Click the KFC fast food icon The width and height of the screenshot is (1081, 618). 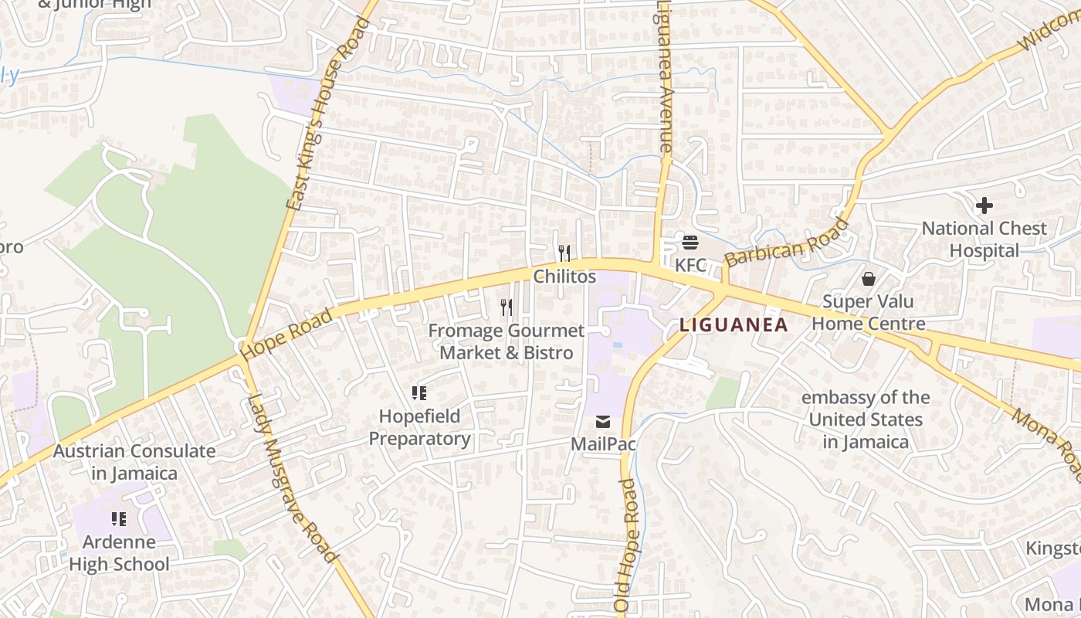tap(690, 243)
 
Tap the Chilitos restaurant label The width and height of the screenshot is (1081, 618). tap(564, 276)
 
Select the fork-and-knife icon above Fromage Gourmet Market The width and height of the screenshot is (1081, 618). tap(507, 307)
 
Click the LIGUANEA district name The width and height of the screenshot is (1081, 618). tap(734, 325)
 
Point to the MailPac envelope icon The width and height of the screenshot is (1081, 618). tap(602, 422)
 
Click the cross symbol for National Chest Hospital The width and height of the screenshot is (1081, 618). tap(984, 205)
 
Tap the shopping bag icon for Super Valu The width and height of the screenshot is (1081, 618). tap(869, 278)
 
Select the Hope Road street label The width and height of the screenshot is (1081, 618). tap(286, 334)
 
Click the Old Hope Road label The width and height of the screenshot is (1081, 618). tap(627, 545)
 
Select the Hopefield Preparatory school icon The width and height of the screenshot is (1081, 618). tap(419, 393)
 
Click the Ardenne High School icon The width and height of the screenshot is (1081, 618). tap(118, 518)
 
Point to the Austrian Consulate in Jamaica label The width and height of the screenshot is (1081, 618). tap(134, 462)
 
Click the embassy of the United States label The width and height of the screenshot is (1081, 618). tap(866, 419)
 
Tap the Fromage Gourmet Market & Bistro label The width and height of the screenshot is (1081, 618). tap(507, 341)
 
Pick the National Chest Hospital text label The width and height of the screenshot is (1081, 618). tap(984, 239)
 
